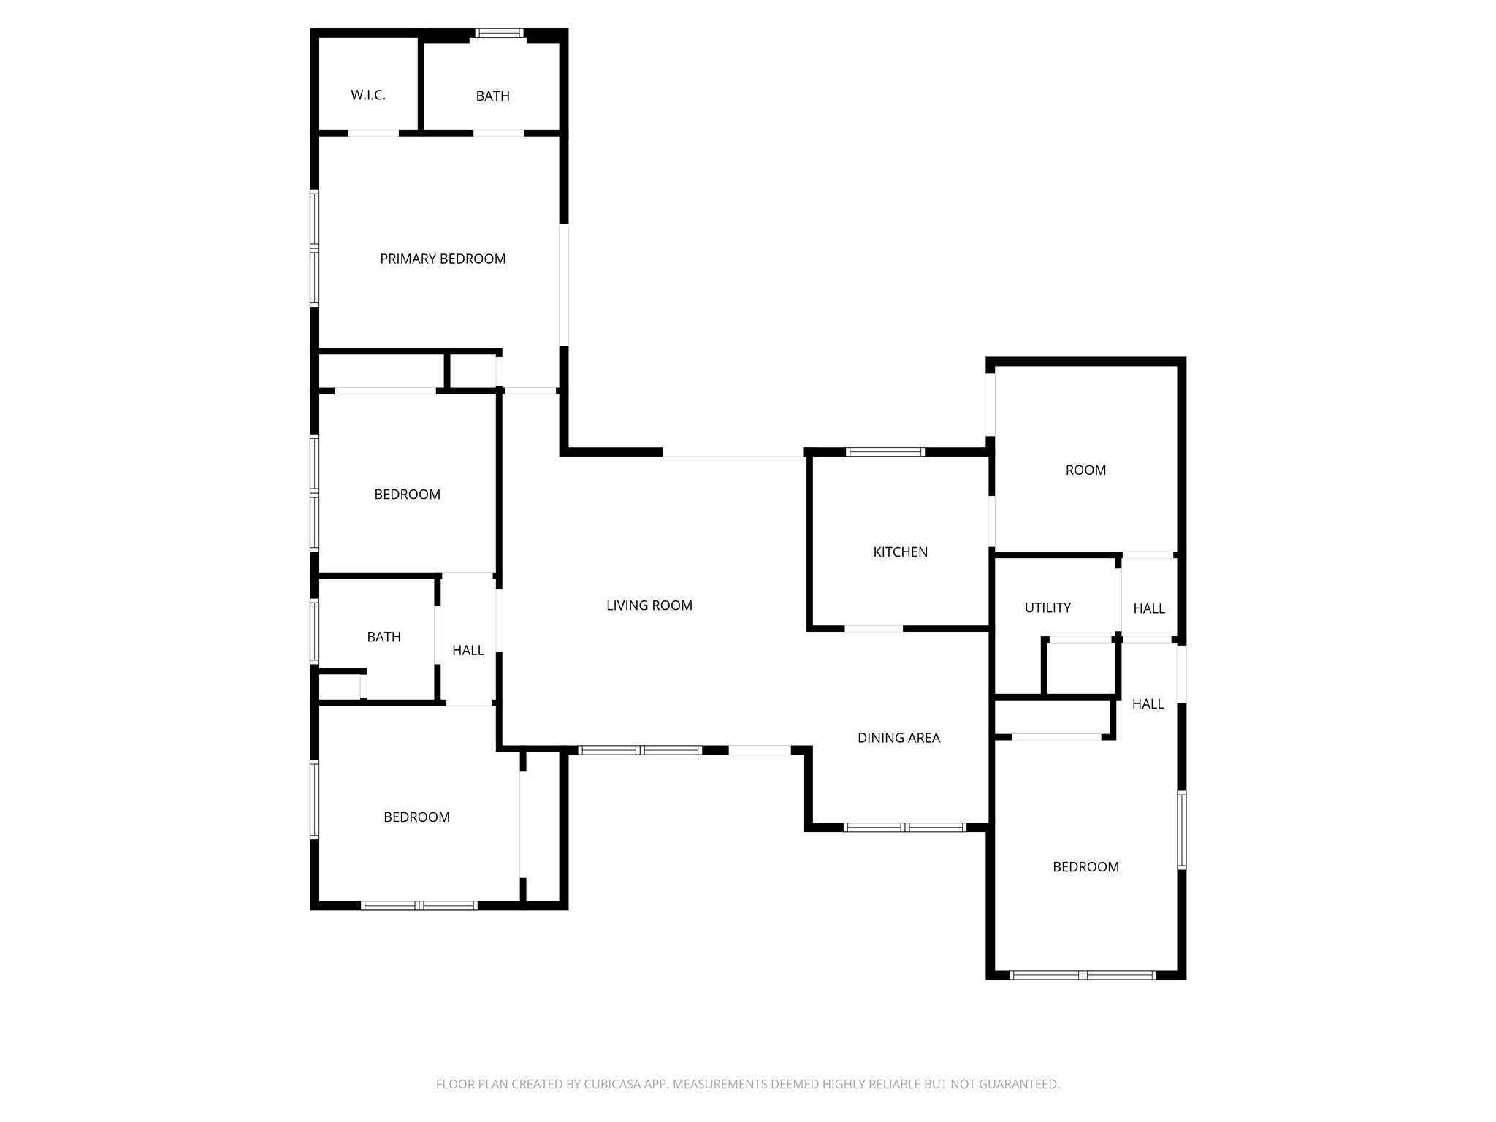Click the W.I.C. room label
[x=367, y=95]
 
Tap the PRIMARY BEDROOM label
[x=443, y=259]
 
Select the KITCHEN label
[x=900, y=552]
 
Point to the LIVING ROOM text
[x=649, y=606]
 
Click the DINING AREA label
[x=898, y=738]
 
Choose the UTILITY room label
[x=1047, y=608]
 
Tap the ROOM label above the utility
[x=1085, y=470]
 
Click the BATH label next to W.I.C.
[x=492, y=96]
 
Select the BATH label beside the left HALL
[x=383, y=637]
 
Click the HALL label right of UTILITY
[x=1149, y=608]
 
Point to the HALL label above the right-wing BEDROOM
[x=1148, y=704]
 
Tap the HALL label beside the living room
[x=467, y=650]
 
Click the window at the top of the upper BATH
[x=500, y=33]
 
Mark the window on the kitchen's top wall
[x=885, y=452]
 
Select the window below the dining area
[x=905, y=828]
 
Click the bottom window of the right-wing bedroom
[x=1083, y=975]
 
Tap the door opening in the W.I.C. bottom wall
[x=373, y=133]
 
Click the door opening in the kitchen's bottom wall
[x=874, y=628]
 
